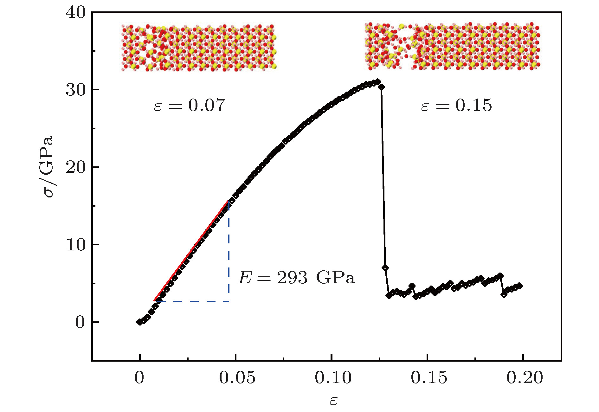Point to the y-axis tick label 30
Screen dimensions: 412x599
pyautogui.click(x=76, y=90)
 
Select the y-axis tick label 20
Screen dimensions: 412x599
pyautogui.click(x=76, y=167)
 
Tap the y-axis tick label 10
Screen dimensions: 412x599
pyautogui.click(x=76, y=245)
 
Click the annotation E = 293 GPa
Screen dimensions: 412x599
pyautogui.click(x=297, y=278)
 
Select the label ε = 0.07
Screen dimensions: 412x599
pyautogui.click(x=189, y=105)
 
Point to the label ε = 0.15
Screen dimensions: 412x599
pyautogui.click(x=456, y=105)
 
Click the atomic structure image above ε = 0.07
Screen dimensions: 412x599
pyautogui.click(x=199, y=48)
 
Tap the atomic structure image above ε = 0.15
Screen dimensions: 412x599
pyautogui.click(x=452, y=46)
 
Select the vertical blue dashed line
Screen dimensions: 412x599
pyautogui.click(x=229, y=254)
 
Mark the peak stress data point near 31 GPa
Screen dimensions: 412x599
pyautogui.click(x=377, y=82)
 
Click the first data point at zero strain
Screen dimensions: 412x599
pyautogui.click(x=140, y=322)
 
